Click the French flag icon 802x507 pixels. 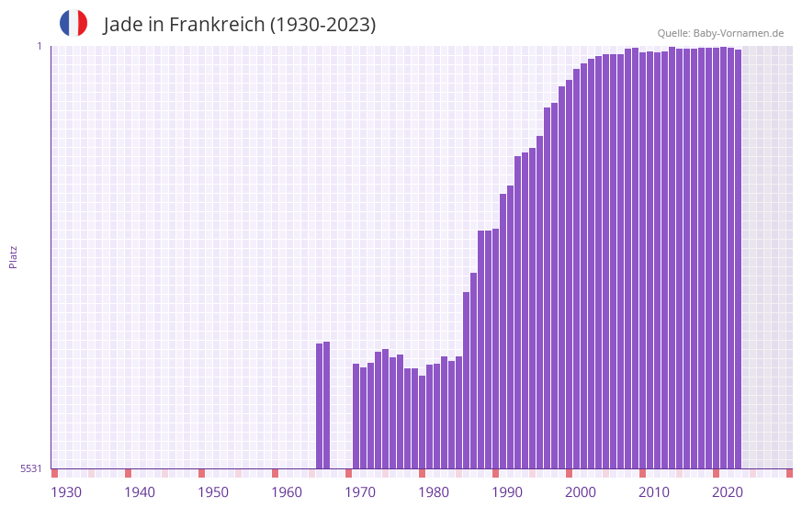(73, 23)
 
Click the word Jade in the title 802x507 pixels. (124, 25)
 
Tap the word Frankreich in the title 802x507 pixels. (215, 25)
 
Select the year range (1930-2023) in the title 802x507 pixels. (322, 25)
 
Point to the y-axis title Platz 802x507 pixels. (13, 256)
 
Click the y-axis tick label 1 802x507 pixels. (40, 46)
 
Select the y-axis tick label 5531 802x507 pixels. (31, 468)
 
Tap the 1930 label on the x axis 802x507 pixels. (66, 492)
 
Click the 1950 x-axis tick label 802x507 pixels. (213, 492)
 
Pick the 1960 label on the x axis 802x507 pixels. (287, 492)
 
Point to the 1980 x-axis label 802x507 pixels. (434, 492)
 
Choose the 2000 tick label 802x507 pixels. (581, 492)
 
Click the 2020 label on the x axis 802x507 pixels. (728, 492)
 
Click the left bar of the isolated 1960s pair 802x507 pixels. (320, 405)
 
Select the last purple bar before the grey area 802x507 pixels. (738, 258)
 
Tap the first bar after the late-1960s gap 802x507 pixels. (356, 415)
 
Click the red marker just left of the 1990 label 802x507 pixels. (495, 473)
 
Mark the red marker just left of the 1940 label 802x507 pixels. (128, 473)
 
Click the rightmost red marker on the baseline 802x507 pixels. (789, 473)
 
